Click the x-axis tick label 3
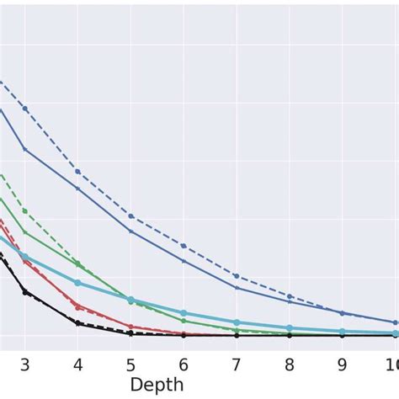tap(24, 364)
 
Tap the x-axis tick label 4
tap(77, 364)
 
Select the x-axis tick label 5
tap(130, 364)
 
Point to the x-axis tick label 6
tap(184, 364)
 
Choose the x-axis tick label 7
tap(237, 364)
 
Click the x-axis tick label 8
tap(290, 364)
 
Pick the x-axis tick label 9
tap(342, 364)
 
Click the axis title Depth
tap(157, 386)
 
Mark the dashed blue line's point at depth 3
tap(24, 109)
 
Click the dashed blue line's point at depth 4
tap(77, 172)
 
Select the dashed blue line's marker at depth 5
tap(130, 216)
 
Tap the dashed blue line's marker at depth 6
tap(184, 246)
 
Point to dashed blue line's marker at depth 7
tap(237, 276)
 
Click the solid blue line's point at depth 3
tap(24, 149)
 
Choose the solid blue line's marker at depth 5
tap(130, 231)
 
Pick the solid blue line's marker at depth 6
tap(184, 261)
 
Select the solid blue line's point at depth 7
tap(237, 288)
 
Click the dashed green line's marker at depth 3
tap(24, 210)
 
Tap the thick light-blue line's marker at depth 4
tap(77, 283)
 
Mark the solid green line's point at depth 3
tap(24, 232)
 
